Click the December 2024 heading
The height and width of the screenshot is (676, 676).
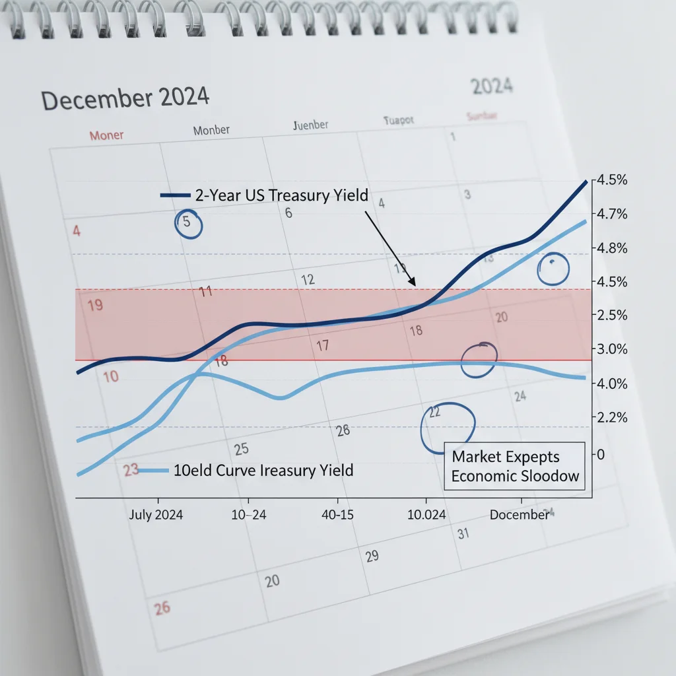[x=125, y=98]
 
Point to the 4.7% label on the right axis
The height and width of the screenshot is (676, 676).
[x=611, y=214]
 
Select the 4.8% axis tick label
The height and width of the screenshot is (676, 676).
[x=611, y=248]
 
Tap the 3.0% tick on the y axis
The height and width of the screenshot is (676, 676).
[x=611, y=349]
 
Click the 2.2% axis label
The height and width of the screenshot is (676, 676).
[x=611, y=417]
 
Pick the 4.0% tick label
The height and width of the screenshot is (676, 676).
[x=611, y=384]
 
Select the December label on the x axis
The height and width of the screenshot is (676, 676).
[x=519, y=515]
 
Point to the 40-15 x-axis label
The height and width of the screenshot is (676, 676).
[x=336, y=515]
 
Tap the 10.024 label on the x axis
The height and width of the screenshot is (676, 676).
[x=426, y=515]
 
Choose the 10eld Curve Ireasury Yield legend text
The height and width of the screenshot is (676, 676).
[x=263, y=471]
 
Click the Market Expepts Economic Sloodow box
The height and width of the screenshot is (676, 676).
[x=514, y=466]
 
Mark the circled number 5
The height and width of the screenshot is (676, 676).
[x=187, y=223]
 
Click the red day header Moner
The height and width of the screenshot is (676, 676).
[x=106, y=135]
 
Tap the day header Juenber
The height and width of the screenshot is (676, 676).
[x=310, y=125]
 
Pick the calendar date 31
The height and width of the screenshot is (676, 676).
[x=463, y=533]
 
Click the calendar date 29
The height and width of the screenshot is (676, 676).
[x=372, y=556]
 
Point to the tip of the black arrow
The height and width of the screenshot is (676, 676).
[x=415, y=286]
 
